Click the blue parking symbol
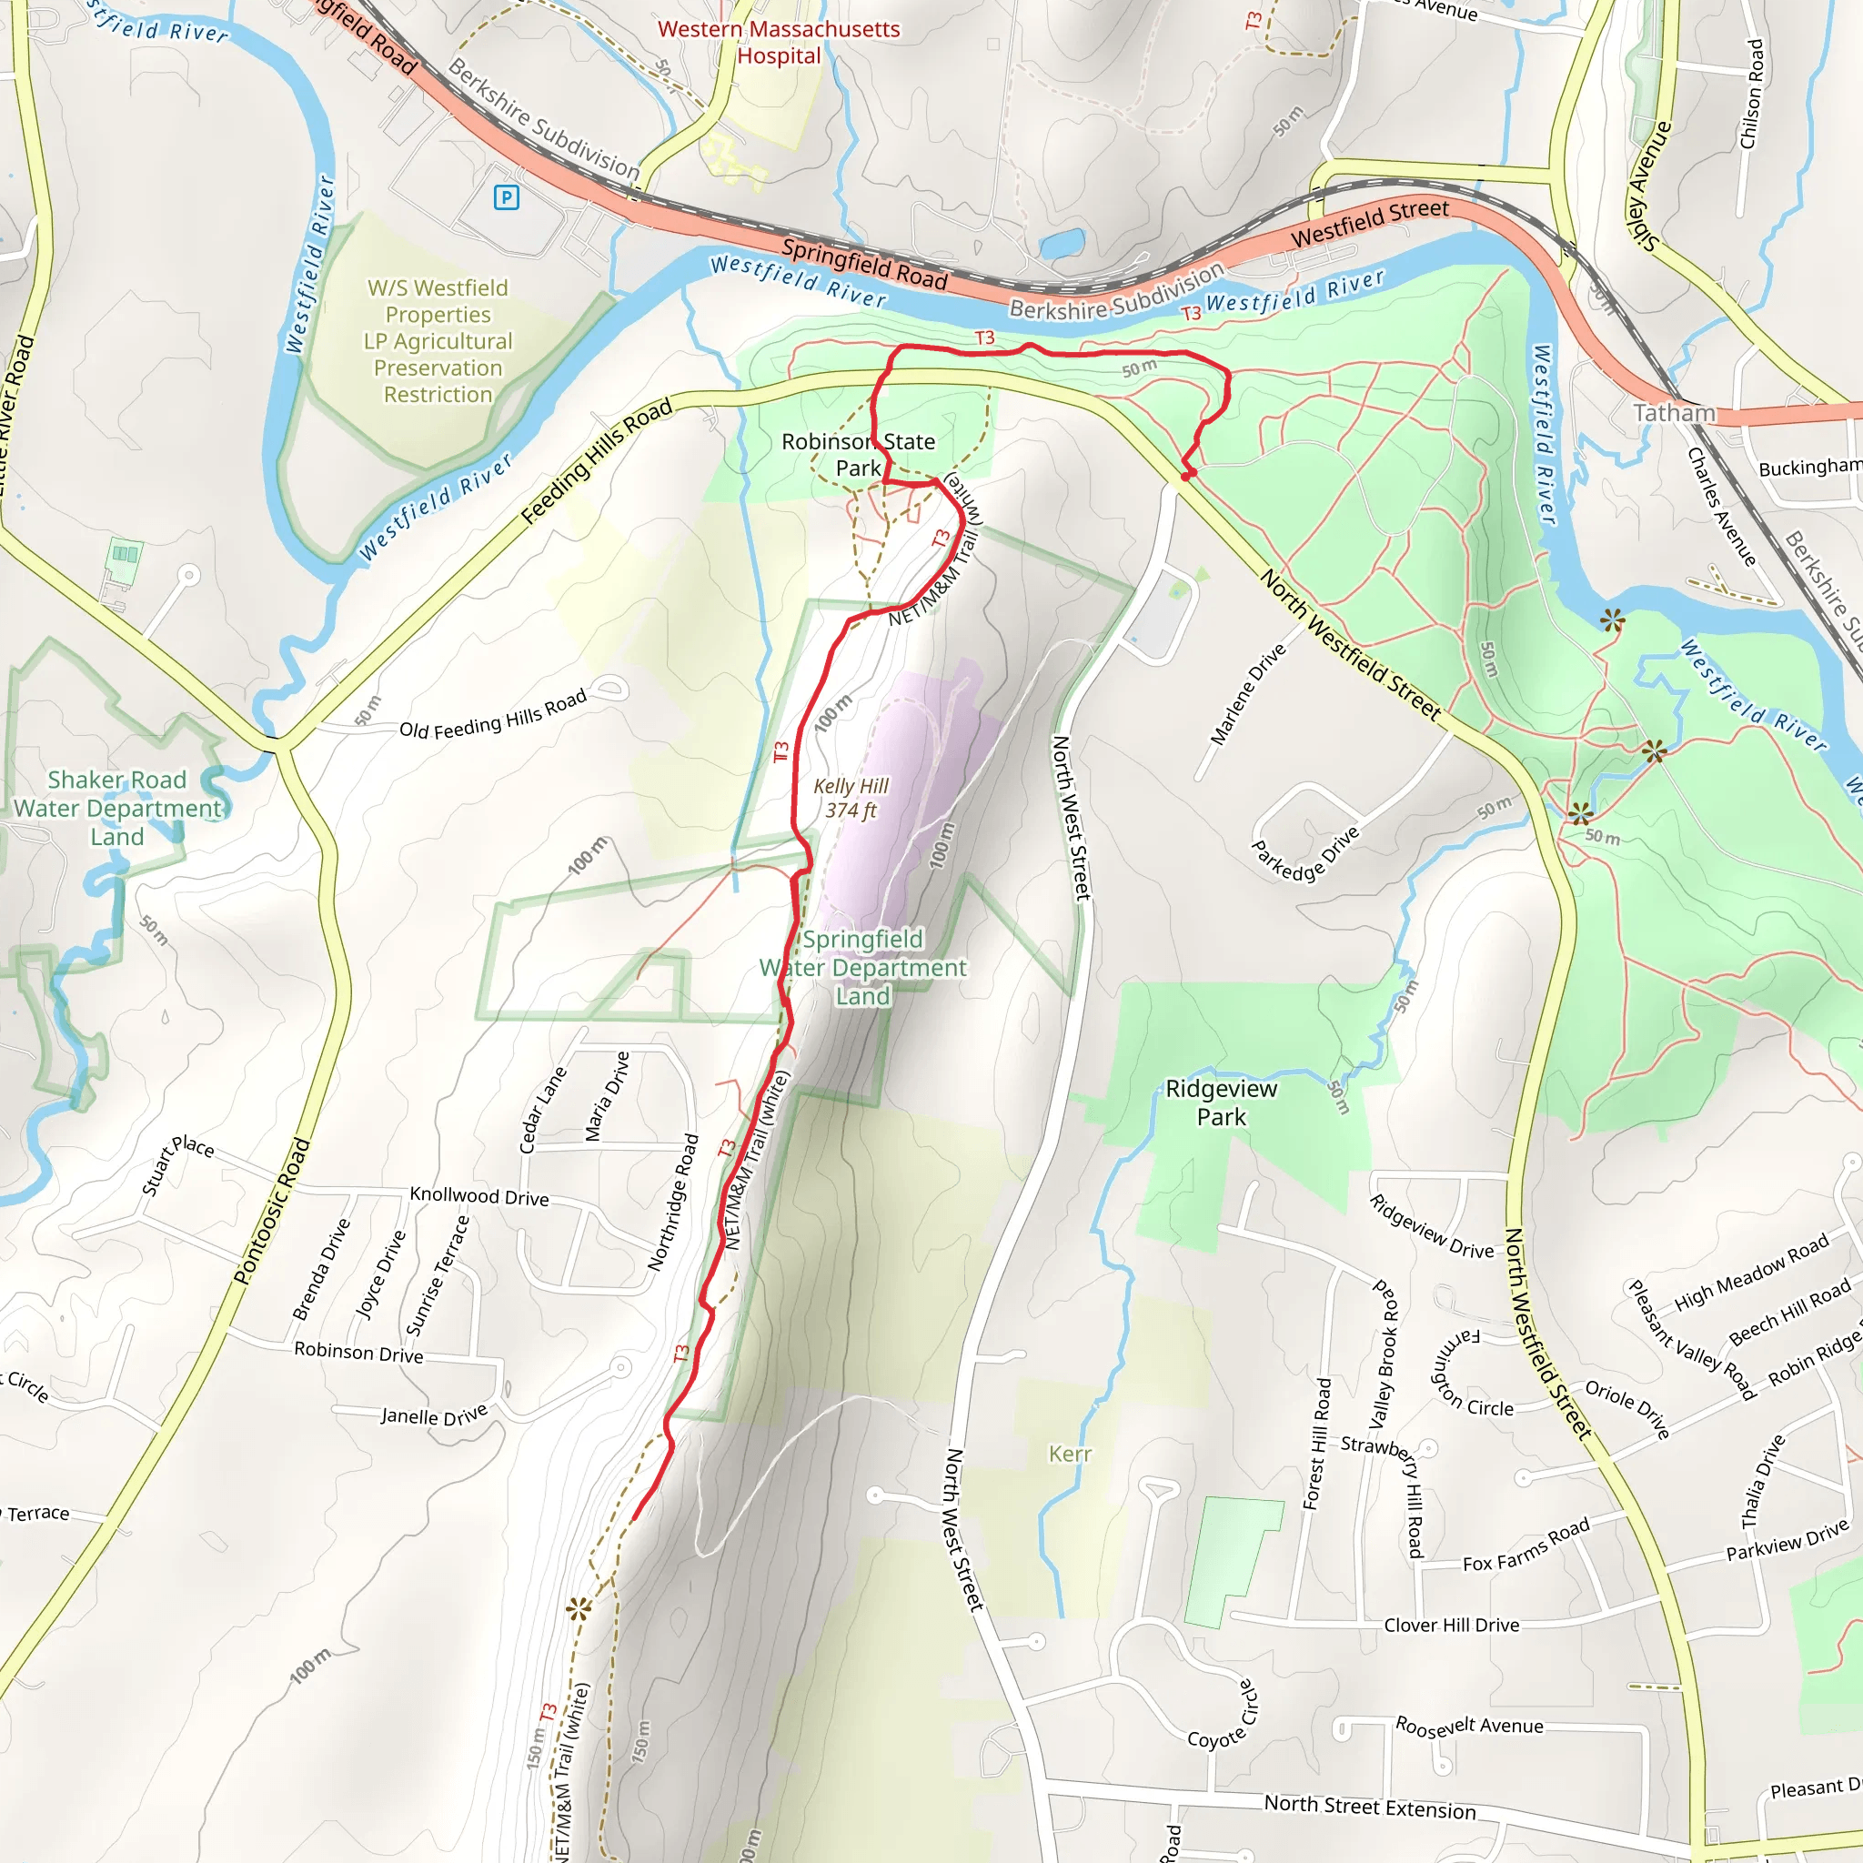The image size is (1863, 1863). pyautogui.click(x=507, y=197)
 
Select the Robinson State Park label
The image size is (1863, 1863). pyautogui.click(x=857, y=454)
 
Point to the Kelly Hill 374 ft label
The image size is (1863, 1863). pyautogui.click(x=851, y=798)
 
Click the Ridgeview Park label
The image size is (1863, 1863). pyautogui.click(x=1221, y=1103)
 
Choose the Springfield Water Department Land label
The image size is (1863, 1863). pyautogui.click(x=862, y=967)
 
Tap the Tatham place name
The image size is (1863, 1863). pyautogui.click(x=1674, y=413)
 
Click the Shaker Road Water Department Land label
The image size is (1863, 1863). pyautogui.click(x=116, y=808)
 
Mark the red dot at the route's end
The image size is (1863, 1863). pyautogui.click(x=1188, y=475)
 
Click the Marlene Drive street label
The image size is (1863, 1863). pyautogui.click(x=1248, y=693)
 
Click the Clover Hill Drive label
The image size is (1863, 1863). pyautogui.click(x=1451, y=1625)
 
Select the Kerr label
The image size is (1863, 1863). pyautogui.click(x=1070, y=1453)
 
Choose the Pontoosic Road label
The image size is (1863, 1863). pyautogui.click(x=272, y=1211)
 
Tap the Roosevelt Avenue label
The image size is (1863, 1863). pyautogui.click(x=1468, y=1725)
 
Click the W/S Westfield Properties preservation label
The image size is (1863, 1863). pyautogui.click(x=438, y=341)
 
